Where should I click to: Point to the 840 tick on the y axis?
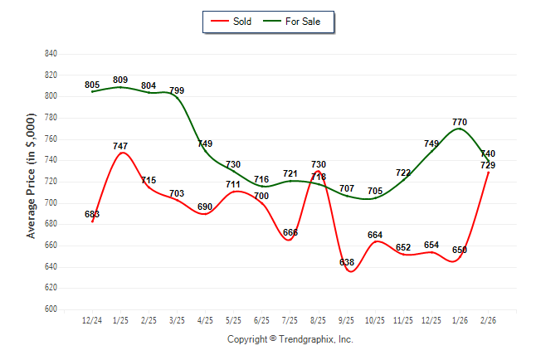point(51,54)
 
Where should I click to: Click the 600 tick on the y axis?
point(51,309)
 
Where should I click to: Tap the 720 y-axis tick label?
point(51,182)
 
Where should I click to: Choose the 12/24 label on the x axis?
point(92,321)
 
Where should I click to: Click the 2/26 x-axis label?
point(488,321)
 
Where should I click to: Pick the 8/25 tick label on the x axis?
point(319,321)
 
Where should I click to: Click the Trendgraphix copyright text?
point(290,339)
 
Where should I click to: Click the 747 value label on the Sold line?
point(120,146)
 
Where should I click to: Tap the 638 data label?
point(347,262)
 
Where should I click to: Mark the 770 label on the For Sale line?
point(460,122)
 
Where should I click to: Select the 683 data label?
point(92,214)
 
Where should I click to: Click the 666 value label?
point(290,232)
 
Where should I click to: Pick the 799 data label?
point(177,90)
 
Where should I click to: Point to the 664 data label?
point(375,235)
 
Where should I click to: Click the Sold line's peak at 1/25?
point(121,153)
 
